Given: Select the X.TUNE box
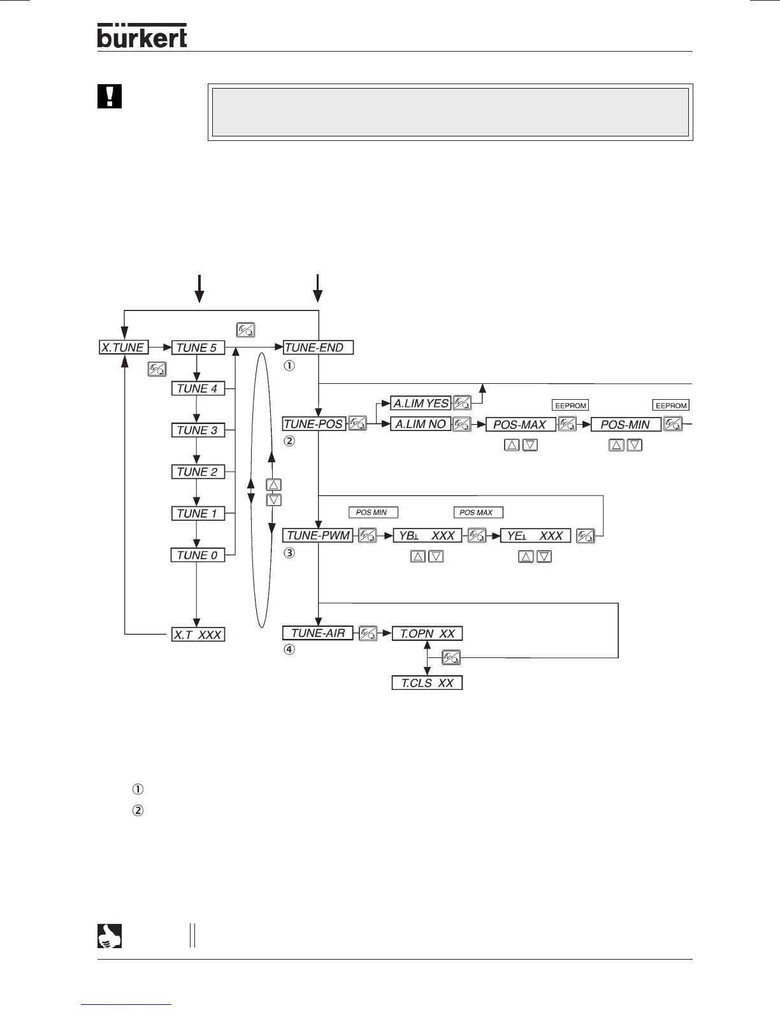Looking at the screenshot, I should (x=124, y=348).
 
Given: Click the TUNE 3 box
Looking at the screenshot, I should (x=198, y=430).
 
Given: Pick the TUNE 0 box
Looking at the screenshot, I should (x=198, y=555).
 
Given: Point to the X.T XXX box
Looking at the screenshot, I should (x=198, y=634).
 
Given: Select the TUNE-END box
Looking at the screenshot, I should (x=317, y=348).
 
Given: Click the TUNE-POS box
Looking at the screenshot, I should (x=314, y=424).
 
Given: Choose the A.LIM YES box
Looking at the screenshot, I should (x=421, y=403).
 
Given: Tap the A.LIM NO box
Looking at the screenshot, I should (x=421, y=424).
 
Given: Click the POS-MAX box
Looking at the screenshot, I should (x=520, y=425).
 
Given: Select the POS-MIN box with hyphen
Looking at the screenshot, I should (x=626, y=425).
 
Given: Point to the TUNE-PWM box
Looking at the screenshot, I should (x=318, y=536).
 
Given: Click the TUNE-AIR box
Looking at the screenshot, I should (x=317, y=633).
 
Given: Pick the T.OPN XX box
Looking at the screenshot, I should (x=427, y=634).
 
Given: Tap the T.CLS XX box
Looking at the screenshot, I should (x=426, y=683).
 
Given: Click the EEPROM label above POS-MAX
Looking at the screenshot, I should (x=570, y=405).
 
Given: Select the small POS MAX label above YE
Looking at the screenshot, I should (x=478, y=513).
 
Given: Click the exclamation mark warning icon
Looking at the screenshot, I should (x=109, y=96).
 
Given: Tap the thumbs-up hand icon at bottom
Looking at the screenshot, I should (x=109, y=935).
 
